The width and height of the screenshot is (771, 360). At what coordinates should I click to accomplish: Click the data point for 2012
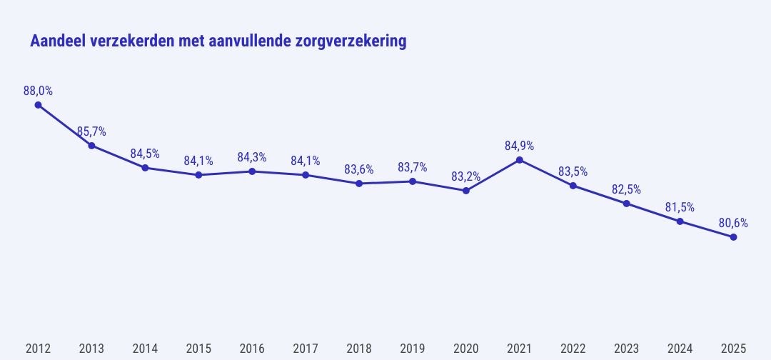click(38, 105)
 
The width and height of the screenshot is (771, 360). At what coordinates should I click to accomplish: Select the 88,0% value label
click(38, 91)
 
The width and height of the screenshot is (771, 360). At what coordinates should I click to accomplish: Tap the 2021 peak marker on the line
click(520, 159)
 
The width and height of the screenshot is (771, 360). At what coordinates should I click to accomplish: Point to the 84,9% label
click(520, 146)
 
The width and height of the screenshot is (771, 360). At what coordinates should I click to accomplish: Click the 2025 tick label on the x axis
click(734, 349)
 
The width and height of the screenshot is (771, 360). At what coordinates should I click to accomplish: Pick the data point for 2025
click(734, 237)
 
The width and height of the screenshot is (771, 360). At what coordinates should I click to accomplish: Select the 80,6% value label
click(733, 223)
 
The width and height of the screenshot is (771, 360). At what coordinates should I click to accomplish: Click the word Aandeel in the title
click(58, 41)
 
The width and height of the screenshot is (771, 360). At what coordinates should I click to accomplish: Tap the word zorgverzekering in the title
click(351, 42)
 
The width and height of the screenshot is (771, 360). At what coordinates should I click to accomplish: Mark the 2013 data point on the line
click(91, 146)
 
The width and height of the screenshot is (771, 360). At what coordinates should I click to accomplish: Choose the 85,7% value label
click(91, 131)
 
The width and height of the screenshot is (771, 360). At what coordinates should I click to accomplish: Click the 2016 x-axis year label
click(252, 349)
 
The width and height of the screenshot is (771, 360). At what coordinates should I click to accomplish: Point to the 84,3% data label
click(252, 157)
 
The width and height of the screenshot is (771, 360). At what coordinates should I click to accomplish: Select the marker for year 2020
click(466, 191)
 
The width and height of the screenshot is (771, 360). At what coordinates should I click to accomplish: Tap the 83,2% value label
click(466, 176)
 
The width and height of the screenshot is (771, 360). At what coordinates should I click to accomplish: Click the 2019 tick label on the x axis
click(413, 349)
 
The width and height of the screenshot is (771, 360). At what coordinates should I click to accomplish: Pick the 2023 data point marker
click(627, 204)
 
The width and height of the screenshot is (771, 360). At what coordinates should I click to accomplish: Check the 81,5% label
click(680, 207)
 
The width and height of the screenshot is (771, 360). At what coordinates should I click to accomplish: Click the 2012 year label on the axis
click(38, 349)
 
